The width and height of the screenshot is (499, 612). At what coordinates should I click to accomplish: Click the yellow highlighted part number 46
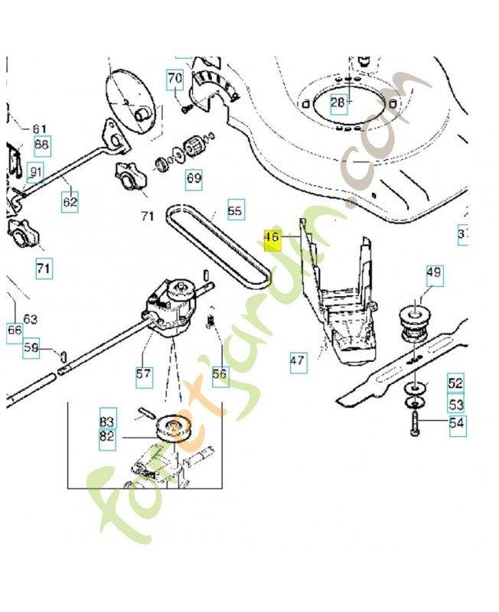click(x=272, y=237)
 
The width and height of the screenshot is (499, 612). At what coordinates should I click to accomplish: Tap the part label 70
click(x=175, y=78)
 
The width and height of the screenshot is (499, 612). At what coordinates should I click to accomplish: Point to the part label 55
click(x=235, y=209)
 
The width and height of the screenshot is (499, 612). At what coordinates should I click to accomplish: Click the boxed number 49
click(x=434, y=272)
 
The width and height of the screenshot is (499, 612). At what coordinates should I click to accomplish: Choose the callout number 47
click(x=298, y=360)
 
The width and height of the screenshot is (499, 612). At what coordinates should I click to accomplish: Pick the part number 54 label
click(x=456, y=423)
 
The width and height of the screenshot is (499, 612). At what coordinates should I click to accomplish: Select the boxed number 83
click(x=106, y=421)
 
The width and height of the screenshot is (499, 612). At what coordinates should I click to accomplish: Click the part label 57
click(x=143, y=374)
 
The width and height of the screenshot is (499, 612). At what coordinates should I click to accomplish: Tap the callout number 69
click(x=194, y=179)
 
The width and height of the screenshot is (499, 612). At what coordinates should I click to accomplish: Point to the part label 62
click(x=70, y=202)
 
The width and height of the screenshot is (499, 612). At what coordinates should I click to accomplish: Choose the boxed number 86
click(x=41, y=144)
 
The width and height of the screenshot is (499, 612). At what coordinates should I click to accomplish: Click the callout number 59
click(x=31, y=348)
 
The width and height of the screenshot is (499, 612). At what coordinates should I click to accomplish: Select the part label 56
click(x=220, y=374)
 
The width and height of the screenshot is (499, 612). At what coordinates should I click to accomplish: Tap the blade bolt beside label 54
click(x=414, y=423)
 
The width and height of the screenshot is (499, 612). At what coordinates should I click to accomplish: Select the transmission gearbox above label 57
click(x=175, y=306)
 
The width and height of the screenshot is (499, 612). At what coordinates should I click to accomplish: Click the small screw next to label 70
click(x=186, y=108)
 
